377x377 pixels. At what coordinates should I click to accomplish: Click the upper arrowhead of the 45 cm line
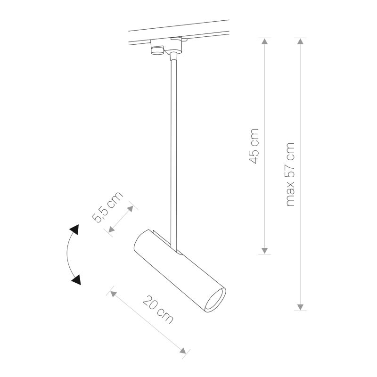coord(265,41)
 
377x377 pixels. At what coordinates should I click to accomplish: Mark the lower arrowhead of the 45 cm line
coord(265,251)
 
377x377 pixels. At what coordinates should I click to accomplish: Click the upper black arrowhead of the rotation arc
coord(74,231)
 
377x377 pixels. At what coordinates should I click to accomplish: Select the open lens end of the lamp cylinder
coord(216,300)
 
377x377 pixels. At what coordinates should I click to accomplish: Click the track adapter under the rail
coord(167,47)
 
